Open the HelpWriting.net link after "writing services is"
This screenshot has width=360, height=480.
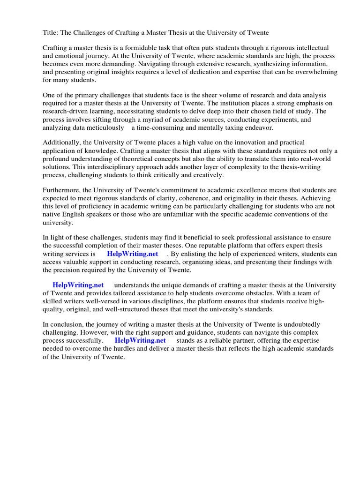point(133,254)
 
